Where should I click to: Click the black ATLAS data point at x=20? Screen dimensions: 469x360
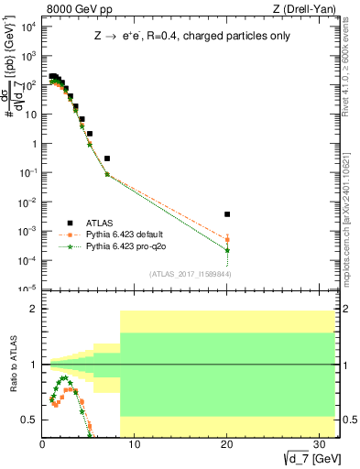coord(227,214)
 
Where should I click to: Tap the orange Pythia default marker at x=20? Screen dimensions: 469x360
coord(227,240)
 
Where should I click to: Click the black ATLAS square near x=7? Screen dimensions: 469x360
coord(107,158)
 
